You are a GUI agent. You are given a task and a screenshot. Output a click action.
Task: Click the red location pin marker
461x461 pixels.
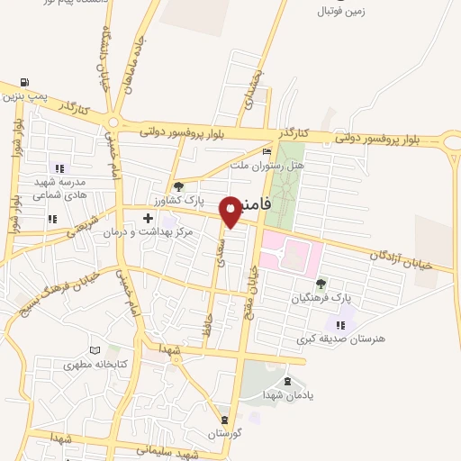[x=231, y=210]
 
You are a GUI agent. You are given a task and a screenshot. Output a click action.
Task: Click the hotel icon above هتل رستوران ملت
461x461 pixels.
[x=265, y=151]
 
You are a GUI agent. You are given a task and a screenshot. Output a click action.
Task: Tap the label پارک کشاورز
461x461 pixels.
[x=178, y=200]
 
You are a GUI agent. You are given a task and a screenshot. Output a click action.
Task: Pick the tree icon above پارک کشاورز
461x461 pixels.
[x=178, y=186]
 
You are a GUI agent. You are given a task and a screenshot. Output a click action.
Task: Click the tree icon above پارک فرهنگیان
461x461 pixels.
[x=321, y=283]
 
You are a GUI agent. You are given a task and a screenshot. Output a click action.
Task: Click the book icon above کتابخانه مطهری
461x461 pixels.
[x=96, y=350]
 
